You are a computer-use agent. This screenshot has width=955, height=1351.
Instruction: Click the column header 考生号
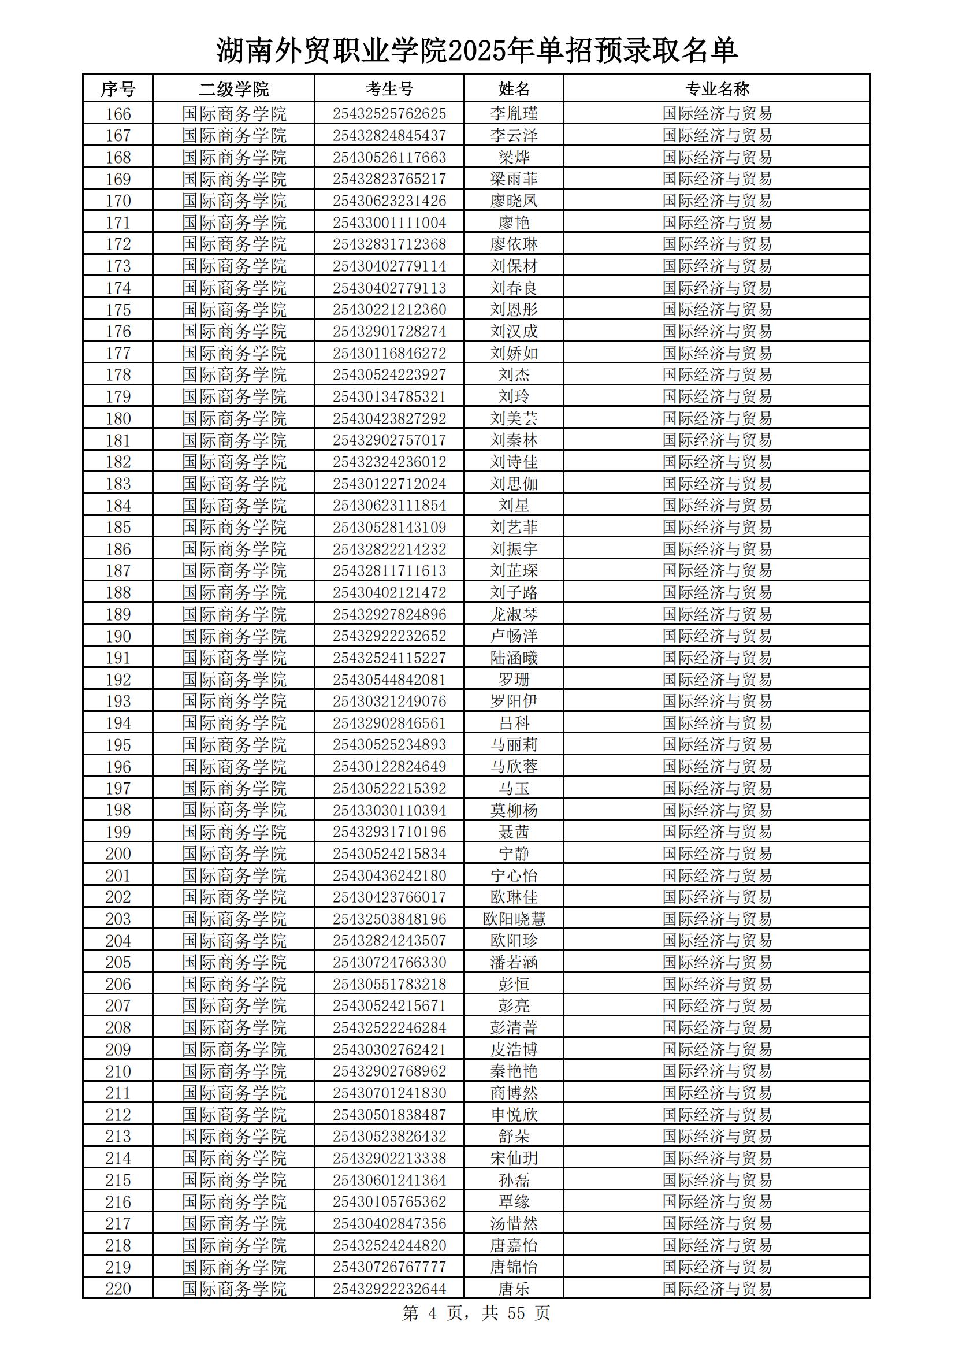(389, 89)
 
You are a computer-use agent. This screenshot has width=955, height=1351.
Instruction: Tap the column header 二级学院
(233, 89)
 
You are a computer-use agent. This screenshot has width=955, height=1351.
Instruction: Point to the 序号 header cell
(118, 89)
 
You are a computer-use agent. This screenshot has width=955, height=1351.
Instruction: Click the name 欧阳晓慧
(514, 919)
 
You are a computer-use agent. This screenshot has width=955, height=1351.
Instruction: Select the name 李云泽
(514, 135)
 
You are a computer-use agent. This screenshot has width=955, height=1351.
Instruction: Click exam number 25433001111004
(389, 222)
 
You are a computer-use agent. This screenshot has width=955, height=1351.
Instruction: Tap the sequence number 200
(118, 853)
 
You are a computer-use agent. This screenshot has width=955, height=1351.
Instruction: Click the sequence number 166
(118, 114)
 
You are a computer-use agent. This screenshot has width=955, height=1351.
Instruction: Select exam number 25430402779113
(389, 288)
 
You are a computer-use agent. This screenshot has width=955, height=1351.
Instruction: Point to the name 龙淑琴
(514, 614)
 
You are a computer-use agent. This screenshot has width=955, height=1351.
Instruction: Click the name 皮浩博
(514, 1049)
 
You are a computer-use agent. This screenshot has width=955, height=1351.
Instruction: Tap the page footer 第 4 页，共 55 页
(475, 1313)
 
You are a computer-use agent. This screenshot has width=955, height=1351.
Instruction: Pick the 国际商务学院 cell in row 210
(233, 1071)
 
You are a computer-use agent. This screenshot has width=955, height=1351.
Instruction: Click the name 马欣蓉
(514, 766)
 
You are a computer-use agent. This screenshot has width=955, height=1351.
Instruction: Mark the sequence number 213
(118, 1136)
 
